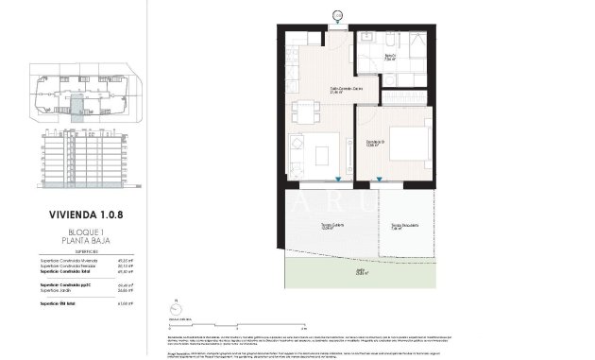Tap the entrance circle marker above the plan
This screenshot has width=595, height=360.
click(x=337, y=13)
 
